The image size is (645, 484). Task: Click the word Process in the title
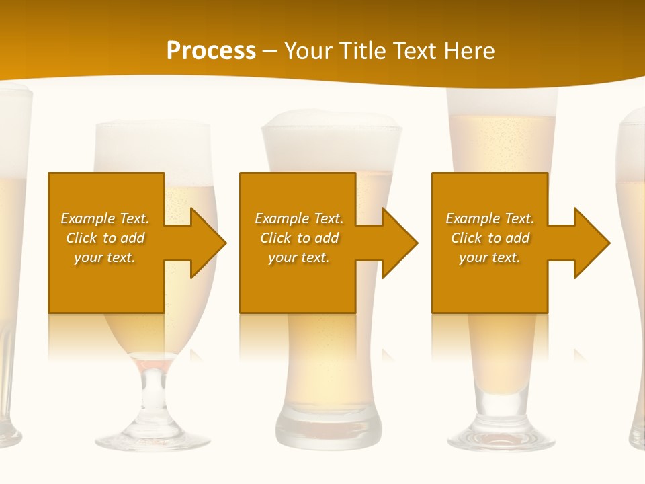coord(211,50)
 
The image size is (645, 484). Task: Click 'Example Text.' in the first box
coord(105,218)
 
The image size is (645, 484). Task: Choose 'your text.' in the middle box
coord(298,257)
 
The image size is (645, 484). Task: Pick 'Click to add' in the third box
coord(490,238)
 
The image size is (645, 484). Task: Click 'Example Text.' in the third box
coord(490,218)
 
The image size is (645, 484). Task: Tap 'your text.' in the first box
coord(105,257)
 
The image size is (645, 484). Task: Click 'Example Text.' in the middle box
coord(298,218)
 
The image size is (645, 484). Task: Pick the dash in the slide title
coord(270,51)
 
